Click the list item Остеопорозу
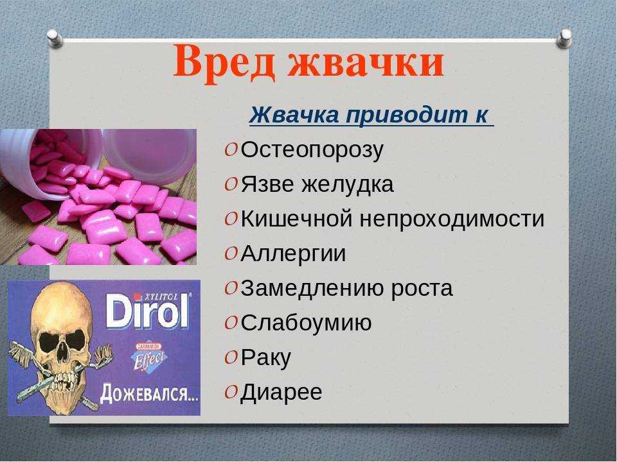tap(312, 150)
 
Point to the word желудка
tap(347, 185)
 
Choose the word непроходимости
tap(452, 219)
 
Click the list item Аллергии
tap(293, 253)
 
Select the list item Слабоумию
tap(306, 323)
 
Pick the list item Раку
tap(265, 358)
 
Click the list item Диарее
tap(281, 392)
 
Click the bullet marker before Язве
tap(231, 185)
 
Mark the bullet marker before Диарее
tap(231, 392)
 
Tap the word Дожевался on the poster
tap(149, 393)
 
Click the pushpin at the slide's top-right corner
tap(566, 38)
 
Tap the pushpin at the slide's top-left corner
tap(55, 38)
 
